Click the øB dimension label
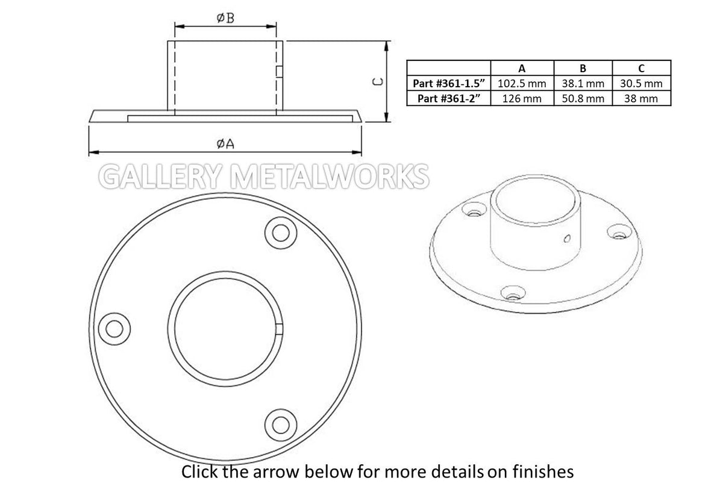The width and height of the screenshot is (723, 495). (225, 18)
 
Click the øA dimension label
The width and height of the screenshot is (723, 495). (225, 143)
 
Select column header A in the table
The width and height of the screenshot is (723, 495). (522, 68)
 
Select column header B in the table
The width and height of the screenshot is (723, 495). (583, 68)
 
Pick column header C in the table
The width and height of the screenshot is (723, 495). (641, 68)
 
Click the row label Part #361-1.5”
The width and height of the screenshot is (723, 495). (449, 83)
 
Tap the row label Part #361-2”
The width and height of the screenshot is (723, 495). (449, 98)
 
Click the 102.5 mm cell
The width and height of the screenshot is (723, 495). (522, 83)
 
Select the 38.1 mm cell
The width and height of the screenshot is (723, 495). (583, 83)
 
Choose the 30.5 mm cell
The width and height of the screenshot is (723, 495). (641, 83)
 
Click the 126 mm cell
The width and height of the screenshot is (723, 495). (522, 98)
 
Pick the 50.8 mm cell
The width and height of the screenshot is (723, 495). (583, 98)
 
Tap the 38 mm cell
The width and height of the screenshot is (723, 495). (641, 98)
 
